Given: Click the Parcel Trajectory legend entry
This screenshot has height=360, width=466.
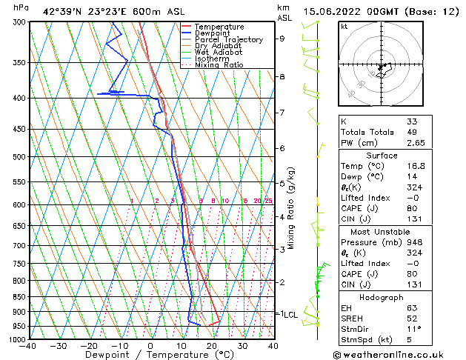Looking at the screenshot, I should [227, 40].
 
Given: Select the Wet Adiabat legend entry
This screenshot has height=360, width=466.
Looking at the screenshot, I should [219, 53].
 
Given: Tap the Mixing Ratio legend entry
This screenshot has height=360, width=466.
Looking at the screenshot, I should [219, 65].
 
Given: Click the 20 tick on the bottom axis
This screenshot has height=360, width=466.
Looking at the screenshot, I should [212, 346].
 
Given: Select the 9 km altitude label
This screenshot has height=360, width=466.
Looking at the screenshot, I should [282, 39].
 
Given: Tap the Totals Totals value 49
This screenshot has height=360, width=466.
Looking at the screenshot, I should [412, 132].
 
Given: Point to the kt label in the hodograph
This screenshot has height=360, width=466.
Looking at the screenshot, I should [344, 27].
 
